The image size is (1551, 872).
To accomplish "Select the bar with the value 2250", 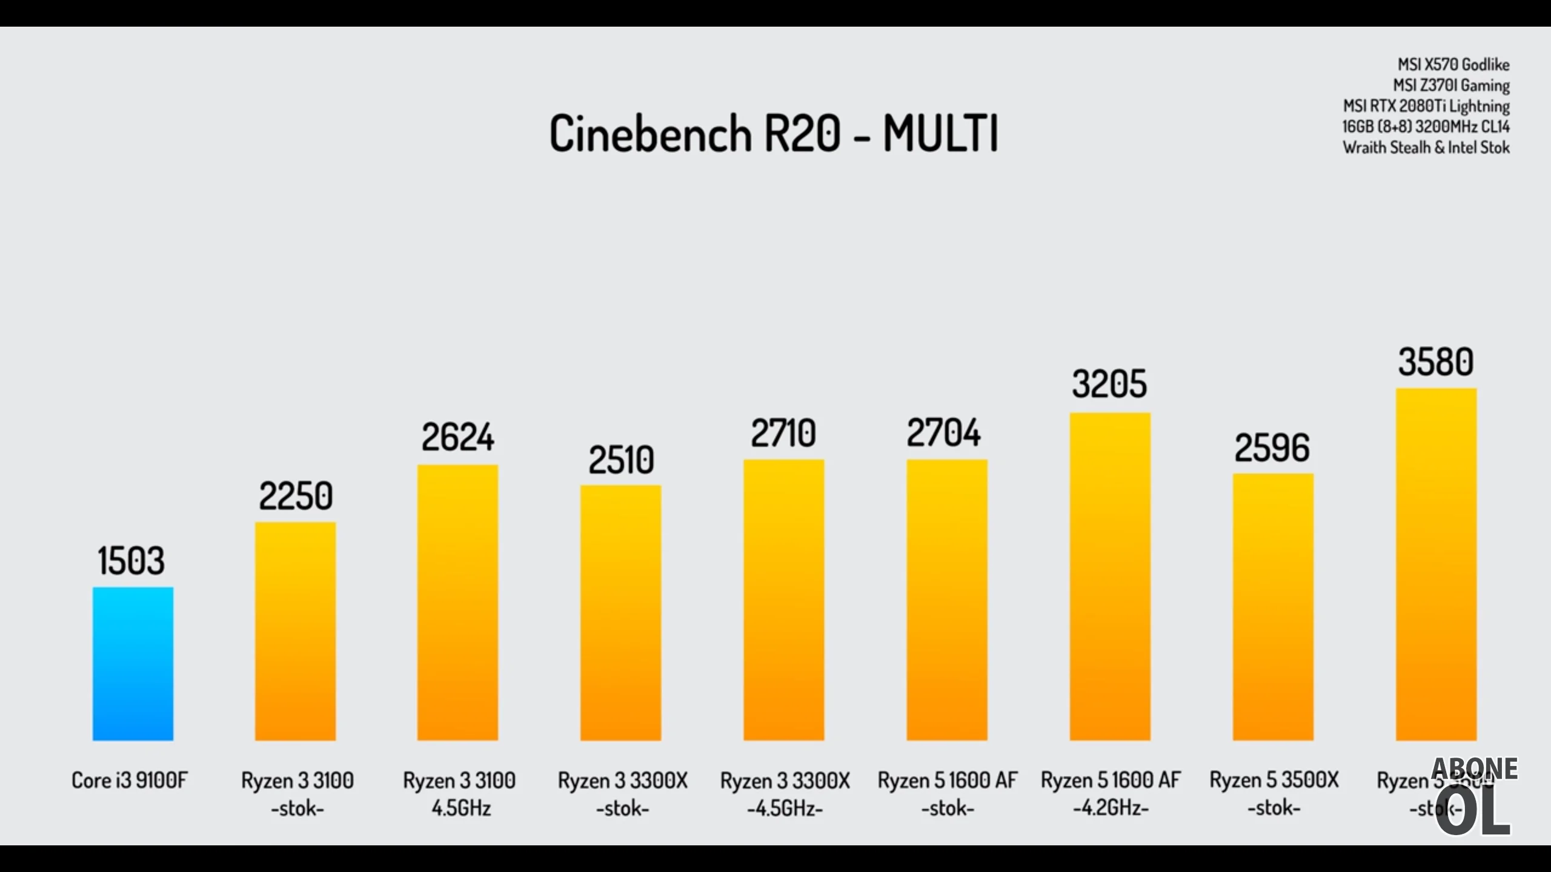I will tap(295, 631).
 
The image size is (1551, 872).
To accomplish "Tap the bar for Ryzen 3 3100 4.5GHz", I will tap(457, 603).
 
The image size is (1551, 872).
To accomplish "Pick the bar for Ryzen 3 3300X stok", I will tap(620, 613).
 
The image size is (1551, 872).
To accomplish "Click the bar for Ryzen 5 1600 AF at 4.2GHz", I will tap(1110, 576).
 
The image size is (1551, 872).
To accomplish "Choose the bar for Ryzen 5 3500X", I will tap(1273, 607).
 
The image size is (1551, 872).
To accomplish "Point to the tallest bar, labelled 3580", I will tap(1436, 564).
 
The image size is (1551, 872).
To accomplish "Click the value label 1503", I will tap(131, 561).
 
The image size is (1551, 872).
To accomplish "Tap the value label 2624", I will tap(458, 437).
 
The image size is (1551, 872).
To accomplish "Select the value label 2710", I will tap(783, 434).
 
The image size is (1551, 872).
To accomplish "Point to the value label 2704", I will tap(943, 433).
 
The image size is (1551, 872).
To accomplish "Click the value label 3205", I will tap(1109, 384).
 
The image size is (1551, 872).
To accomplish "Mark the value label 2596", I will tap(1272, 449).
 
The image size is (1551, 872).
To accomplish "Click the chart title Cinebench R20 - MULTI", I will tap(774, 133).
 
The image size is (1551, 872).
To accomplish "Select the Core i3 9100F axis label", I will tap(130, 780).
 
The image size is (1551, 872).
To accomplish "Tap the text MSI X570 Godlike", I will tap(1453, 65).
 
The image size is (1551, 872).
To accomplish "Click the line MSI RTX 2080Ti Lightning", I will tap(1426, 106).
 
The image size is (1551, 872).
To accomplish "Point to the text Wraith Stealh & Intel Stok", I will tap(1426, 148).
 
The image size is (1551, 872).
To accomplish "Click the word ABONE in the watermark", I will tap(1474, 769).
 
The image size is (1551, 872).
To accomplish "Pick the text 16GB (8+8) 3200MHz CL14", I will tap(1426, 127).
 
